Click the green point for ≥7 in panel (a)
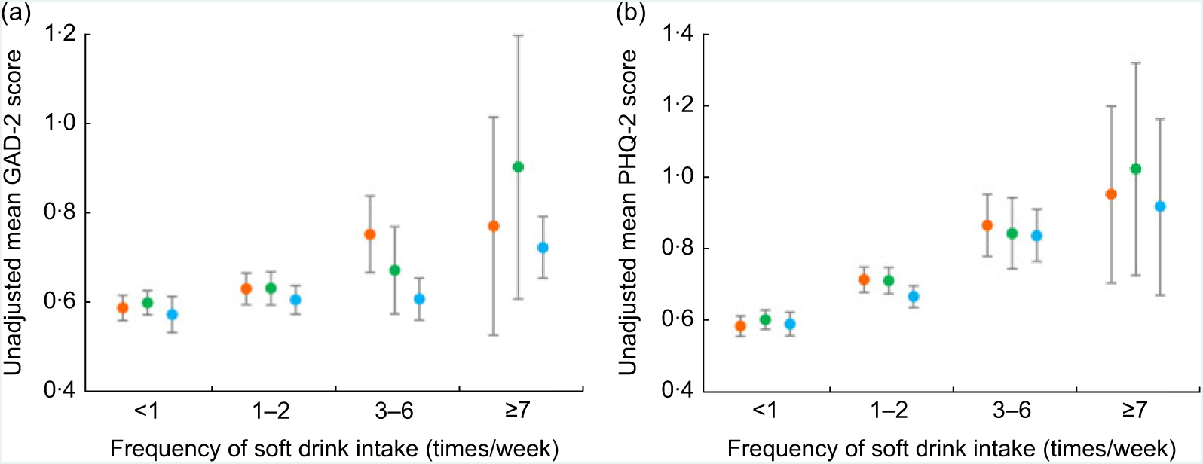518,166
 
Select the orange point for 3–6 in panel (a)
369,234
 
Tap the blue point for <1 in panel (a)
172,314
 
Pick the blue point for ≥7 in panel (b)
1160,206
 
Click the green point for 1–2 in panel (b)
889,281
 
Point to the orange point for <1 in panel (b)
740,326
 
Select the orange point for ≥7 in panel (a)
494,226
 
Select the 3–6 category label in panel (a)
394,411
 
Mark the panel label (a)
17,13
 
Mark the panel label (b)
632,13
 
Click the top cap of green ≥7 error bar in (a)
518,35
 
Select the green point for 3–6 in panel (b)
1012,234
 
